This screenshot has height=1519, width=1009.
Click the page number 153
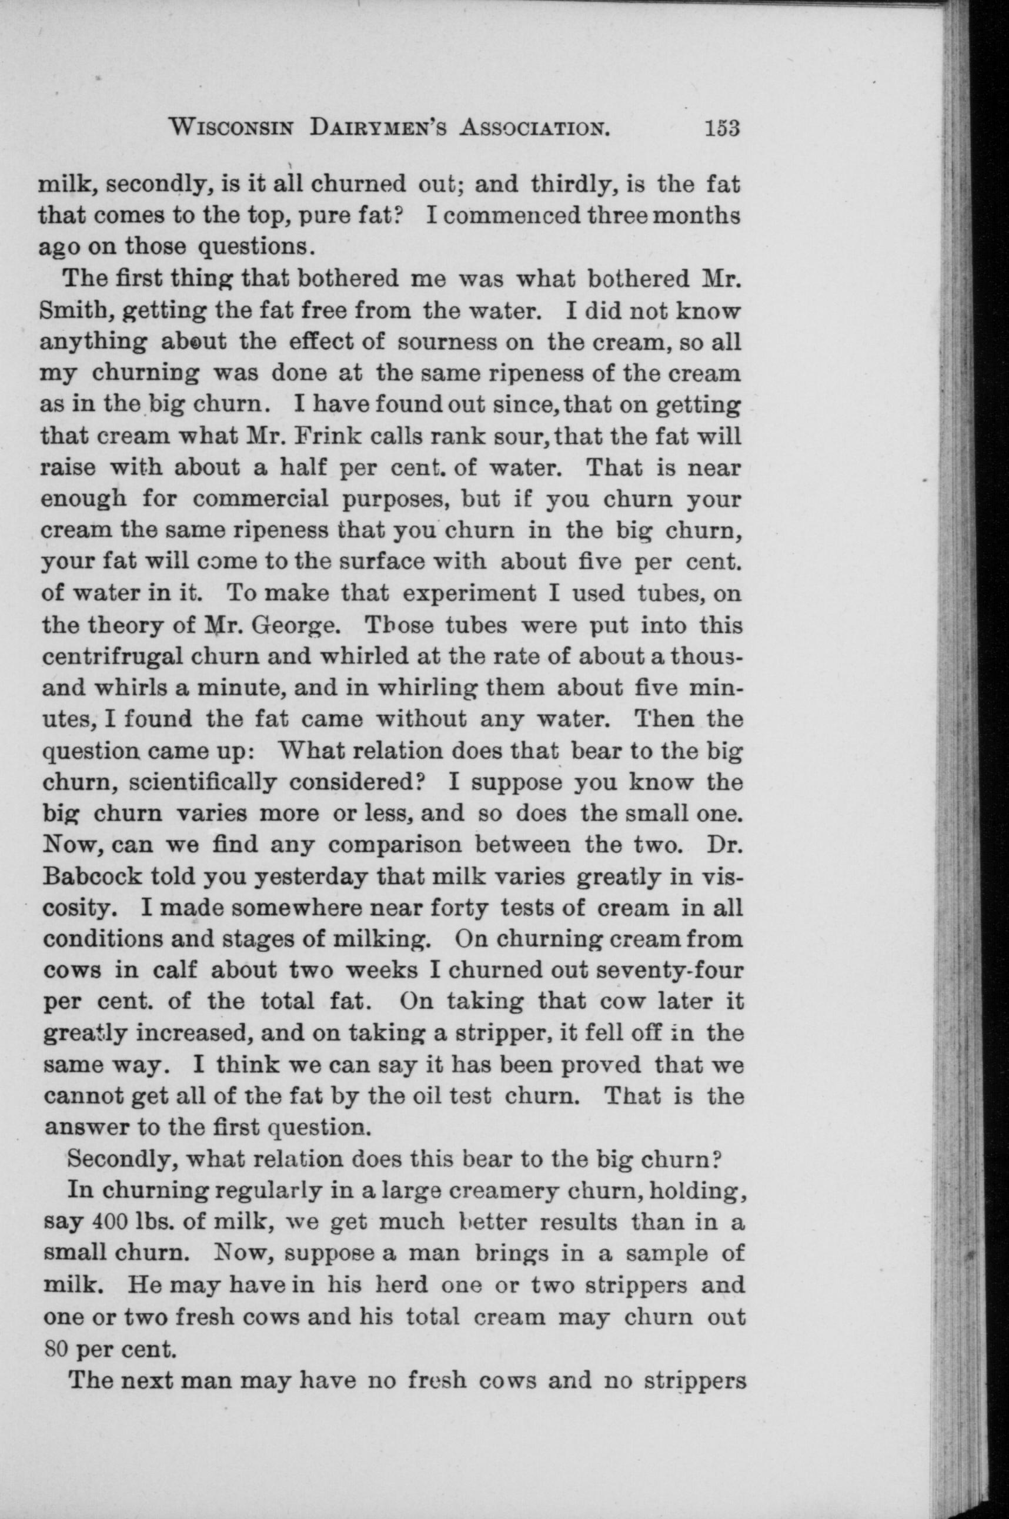point(723,128)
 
